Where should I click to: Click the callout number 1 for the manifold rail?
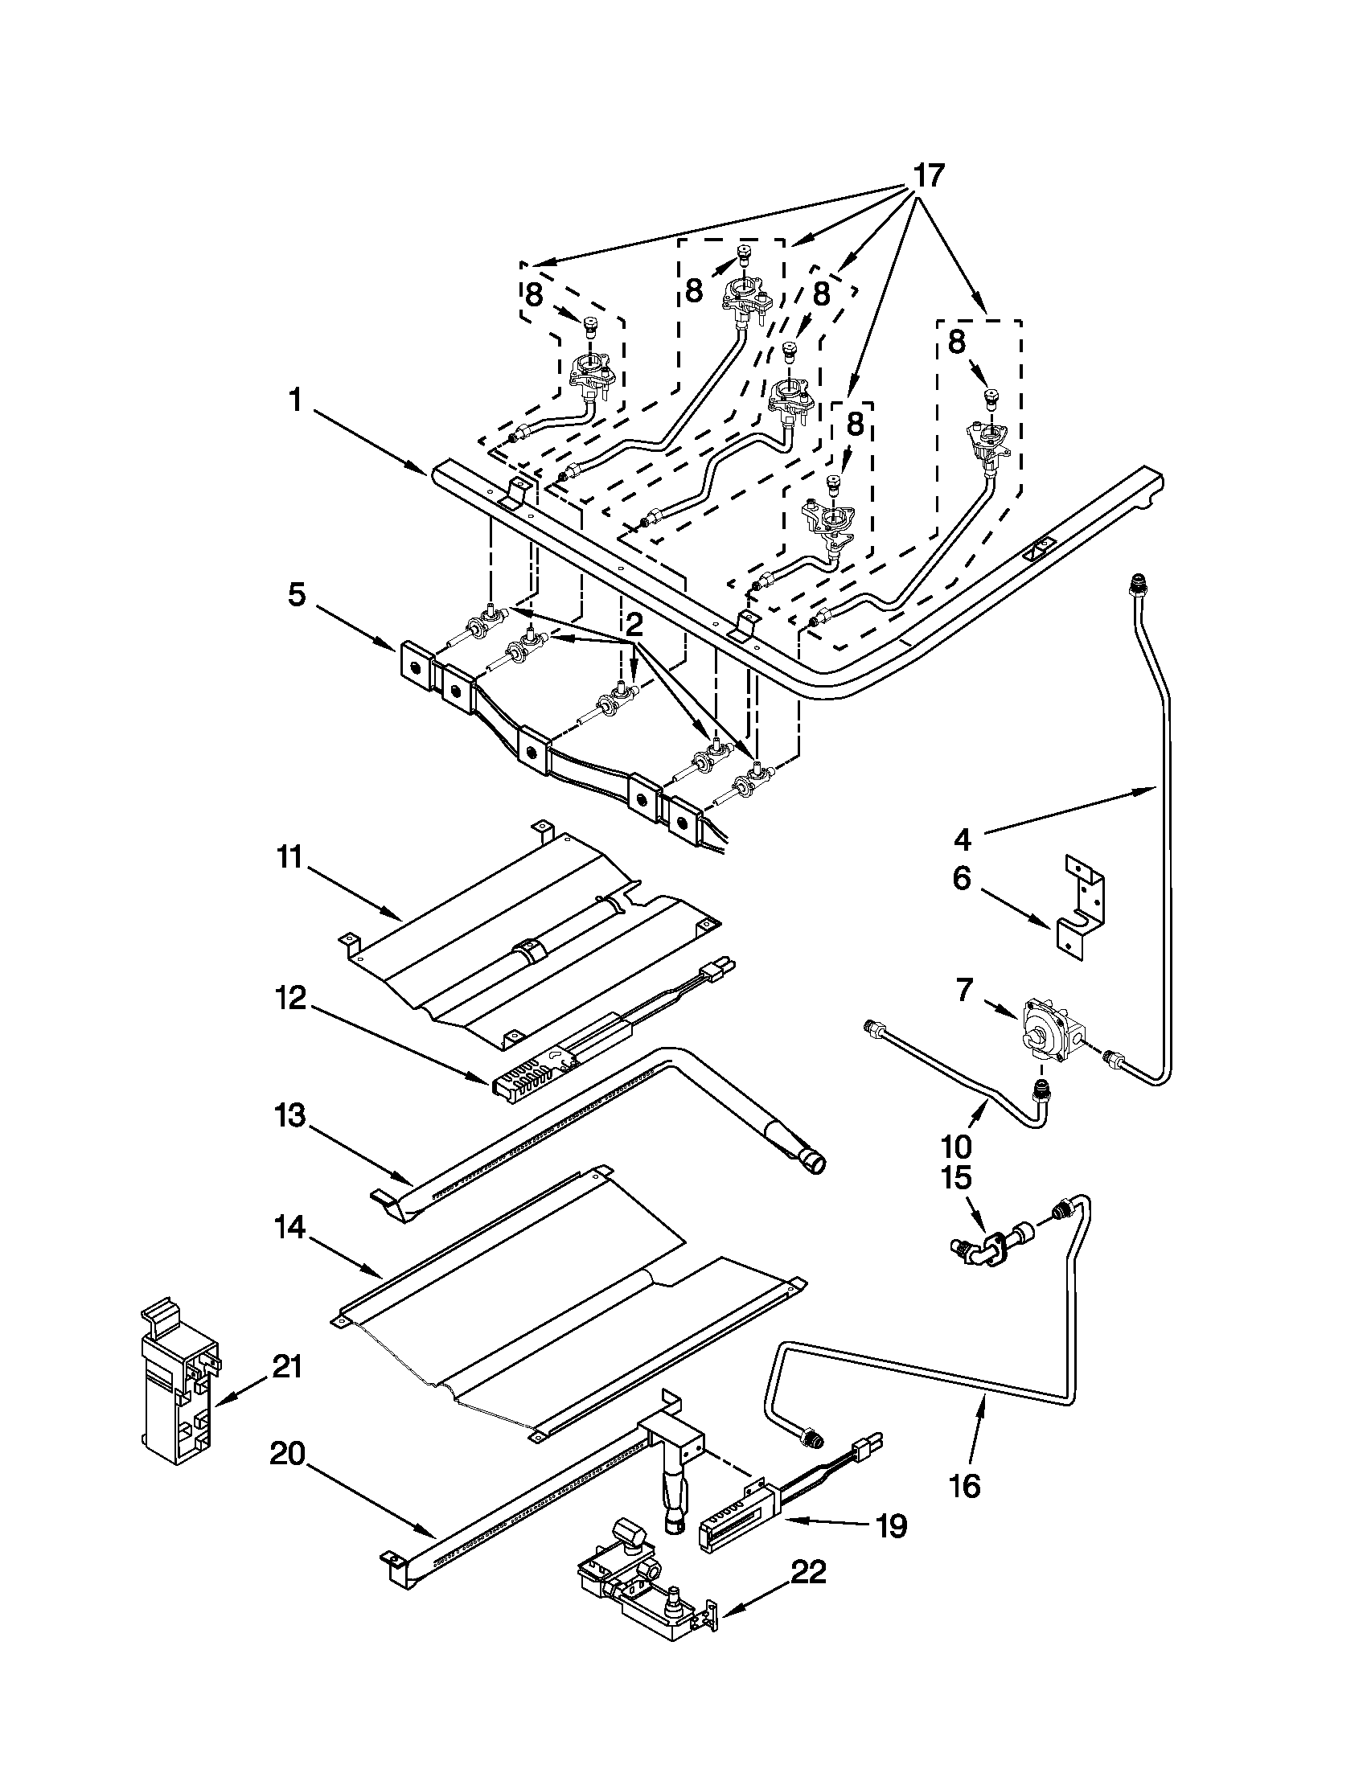pos(296,400)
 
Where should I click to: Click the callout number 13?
pos(289,1116)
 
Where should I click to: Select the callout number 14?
pos(289,1228)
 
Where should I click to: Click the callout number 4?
pos(961,839)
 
